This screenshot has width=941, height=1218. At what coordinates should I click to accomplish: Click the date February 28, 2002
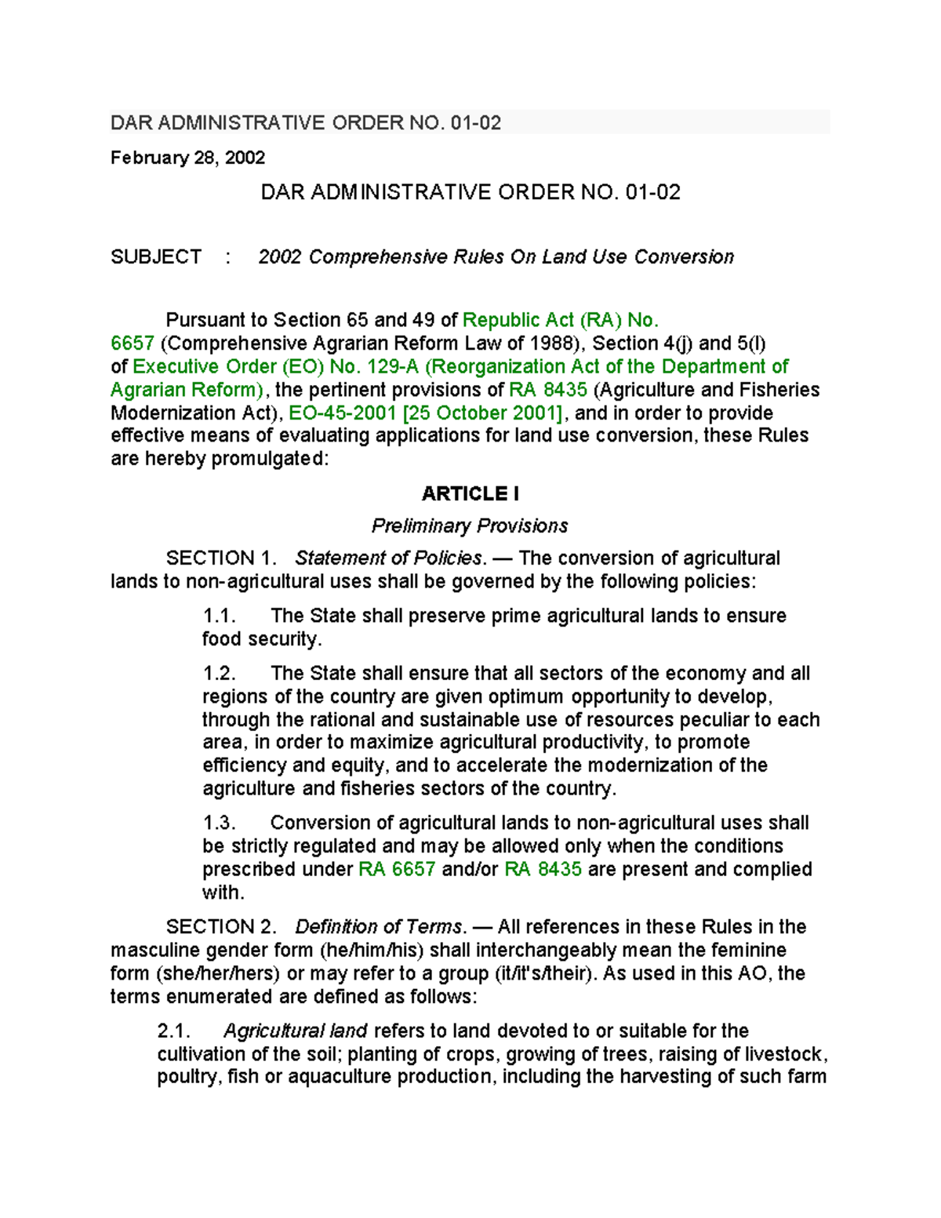click(187, 158)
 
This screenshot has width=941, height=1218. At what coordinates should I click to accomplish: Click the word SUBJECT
click(156, 257)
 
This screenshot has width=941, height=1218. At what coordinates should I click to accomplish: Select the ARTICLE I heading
click(470, 493)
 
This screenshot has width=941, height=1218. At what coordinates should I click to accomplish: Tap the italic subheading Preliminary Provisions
click(470, 525)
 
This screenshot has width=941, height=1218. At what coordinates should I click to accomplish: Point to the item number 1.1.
click(219, 616)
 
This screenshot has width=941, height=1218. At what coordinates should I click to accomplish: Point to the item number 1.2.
click(219, 674)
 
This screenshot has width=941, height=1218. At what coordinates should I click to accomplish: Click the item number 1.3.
click(219, 823)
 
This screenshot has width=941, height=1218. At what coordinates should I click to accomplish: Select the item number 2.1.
click(173, 1031)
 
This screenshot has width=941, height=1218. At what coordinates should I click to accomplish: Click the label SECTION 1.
click(221, 558)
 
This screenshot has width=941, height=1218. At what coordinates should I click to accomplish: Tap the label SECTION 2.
click(221, 927)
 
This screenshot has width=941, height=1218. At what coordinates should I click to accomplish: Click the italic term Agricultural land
click(296, 1031)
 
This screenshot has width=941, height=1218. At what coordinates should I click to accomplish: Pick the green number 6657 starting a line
click(132, 344)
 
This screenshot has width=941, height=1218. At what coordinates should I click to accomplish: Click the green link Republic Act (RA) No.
click(560, 320)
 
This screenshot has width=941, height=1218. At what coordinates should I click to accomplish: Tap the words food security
click(261, 639)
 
